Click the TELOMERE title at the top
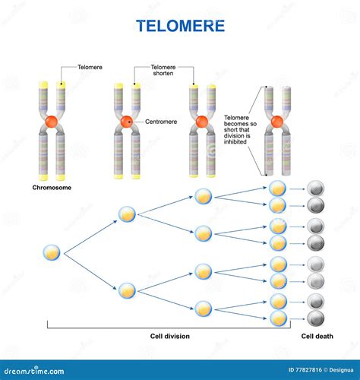180,26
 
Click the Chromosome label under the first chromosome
52,186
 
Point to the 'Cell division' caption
170,335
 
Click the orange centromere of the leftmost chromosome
52,122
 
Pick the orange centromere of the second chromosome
127,122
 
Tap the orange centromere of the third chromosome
201,122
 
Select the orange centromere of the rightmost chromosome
276,121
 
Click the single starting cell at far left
52,252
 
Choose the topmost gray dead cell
314,187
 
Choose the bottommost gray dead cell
314,318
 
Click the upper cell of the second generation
127,215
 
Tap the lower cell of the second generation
127,290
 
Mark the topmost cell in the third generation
202,196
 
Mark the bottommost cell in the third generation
202,308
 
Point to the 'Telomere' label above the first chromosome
90,68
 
